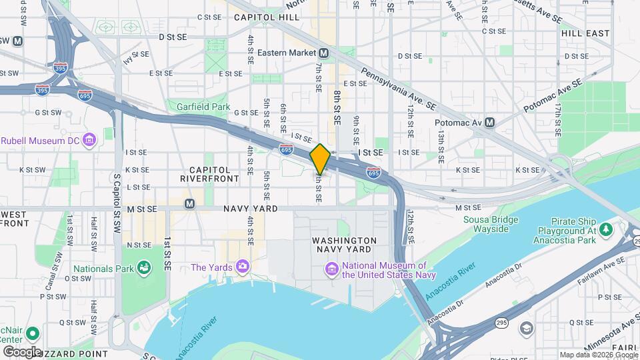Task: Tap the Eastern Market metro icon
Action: point(323,53)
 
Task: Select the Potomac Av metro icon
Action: point(490,123)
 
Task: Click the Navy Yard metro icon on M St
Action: point(189,203)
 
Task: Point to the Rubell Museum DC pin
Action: point(90,140)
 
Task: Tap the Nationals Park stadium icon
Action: point(143,269)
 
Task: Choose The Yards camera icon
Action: point(242,267)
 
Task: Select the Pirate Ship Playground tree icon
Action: point(605,230)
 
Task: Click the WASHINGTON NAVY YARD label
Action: point(344,245)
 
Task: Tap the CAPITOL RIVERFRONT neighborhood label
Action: point(209,175)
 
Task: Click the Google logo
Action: point(21,351)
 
